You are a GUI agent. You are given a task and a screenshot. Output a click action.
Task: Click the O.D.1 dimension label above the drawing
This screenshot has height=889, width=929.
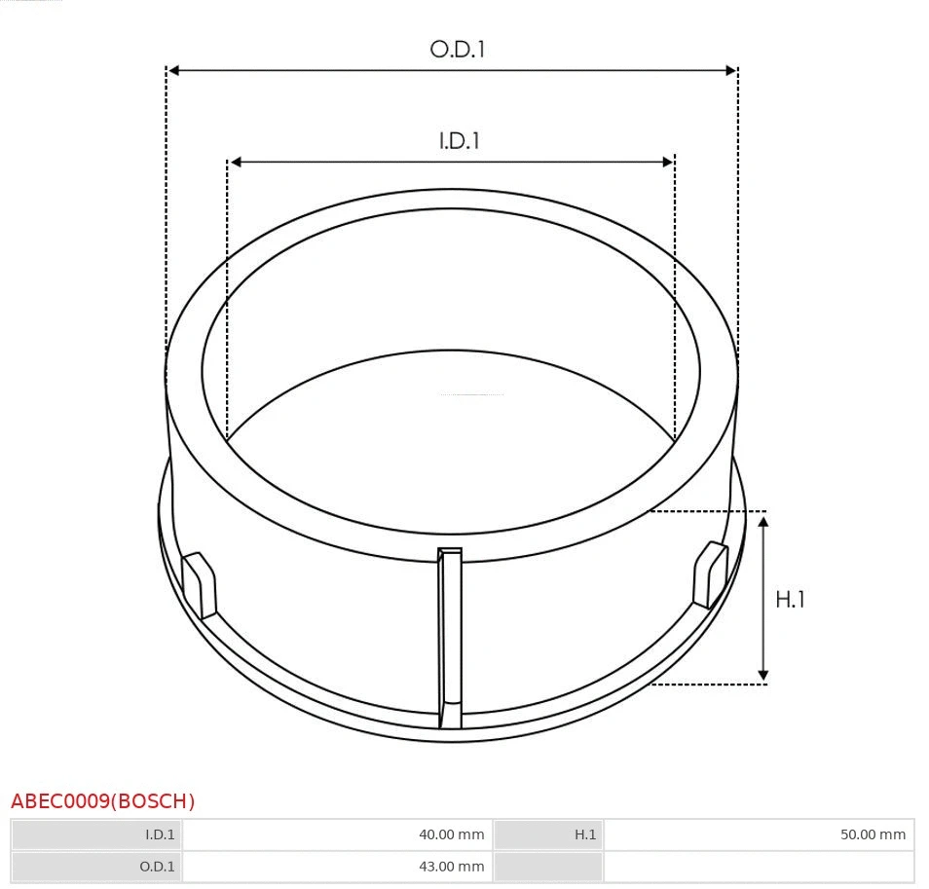(457, 49)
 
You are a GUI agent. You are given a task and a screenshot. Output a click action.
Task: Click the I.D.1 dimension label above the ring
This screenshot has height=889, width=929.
(459, 140)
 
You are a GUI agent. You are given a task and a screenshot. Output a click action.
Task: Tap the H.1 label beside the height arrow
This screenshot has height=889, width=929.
(790, 599)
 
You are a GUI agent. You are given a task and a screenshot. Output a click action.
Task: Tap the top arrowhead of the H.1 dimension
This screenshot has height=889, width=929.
(763, 523)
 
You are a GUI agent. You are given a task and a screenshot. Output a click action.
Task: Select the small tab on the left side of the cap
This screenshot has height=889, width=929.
(200, 584)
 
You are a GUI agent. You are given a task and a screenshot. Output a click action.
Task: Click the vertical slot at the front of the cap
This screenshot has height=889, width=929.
(449, 638)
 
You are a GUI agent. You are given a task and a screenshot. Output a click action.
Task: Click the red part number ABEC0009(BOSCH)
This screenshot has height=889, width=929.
(103, 801)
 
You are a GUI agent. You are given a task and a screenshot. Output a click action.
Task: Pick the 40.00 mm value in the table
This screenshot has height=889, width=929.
(451, 834)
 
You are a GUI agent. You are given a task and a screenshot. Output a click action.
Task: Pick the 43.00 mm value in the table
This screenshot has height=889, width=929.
(451, 867)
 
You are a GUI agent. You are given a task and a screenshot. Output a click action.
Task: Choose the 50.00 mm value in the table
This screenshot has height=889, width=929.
(873, 834)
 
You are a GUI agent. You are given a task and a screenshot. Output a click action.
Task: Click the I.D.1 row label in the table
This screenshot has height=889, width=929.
(160, 834)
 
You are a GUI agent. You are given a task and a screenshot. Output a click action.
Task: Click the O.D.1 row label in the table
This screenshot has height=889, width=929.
(158, 867)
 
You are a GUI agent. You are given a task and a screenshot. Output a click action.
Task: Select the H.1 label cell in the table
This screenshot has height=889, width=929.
(584, 834)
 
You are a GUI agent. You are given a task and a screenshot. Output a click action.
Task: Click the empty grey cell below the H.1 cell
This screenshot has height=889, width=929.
(548, 867)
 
